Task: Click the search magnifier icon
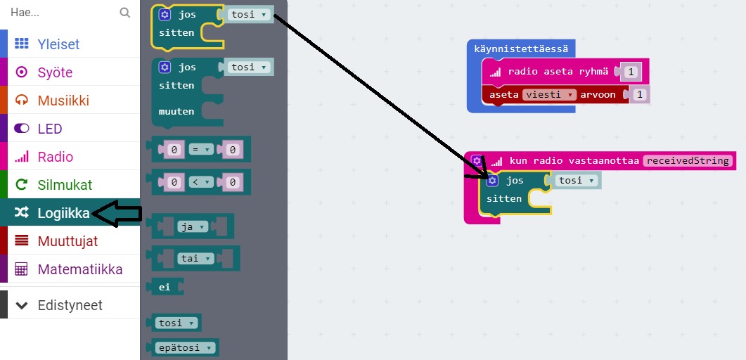[125, 13]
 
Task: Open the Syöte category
[55, 72]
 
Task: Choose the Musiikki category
[63, 101]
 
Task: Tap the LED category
[50, 129]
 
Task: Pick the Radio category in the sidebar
[55, 157]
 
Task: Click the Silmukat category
[65, 185]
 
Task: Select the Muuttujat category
[67, 241]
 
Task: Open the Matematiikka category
[79, 269]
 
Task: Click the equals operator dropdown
[202, 150]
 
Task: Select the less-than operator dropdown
[202, 182]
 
